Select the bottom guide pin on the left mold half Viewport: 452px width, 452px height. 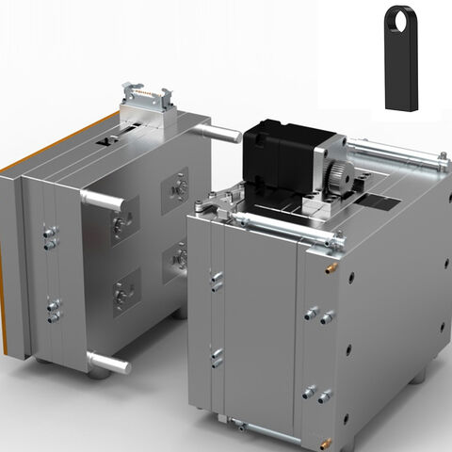tap(108, 362)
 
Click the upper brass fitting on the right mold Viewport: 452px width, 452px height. tap(331, 267)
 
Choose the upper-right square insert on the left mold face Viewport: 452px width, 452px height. tap(175, 188)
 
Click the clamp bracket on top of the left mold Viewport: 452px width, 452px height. tap(148, 105)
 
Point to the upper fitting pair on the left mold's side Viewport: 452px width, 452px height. tap(51, 236)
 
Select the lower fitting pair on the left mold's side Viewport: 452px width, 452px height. tap(54, 310)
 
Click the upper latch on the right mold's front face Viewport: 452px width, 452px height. tap(217, 281)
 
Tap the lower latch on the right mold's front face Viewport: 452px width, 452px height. tap(217, 358)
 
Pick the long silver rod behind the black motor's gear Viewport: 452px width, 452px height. tap(395, 153)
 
